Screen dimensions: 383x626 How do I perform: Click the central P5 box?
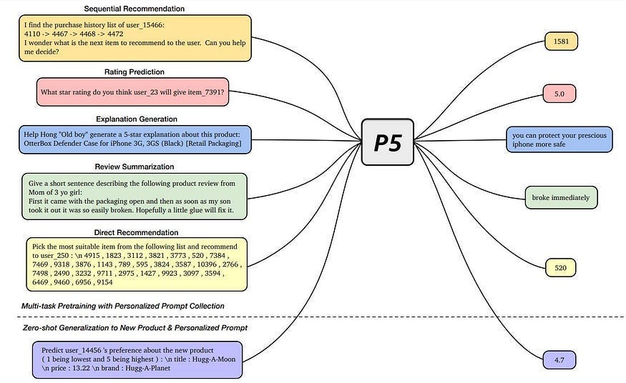387,142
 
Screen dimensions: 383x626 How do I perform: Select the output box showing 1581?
561,41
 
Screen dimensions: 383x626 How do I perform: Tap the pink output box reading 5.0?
559,94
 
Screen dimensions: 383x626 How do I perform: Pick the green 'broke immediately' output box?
561,197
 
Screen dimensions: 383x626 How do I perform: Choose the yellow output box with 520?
560,268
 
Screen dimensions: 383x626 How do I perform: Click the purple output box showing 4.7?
559,360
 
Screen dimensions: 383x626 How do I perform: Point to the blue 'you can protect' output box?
559,139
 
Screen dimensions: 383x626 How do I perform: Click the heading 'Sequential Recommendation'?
134,9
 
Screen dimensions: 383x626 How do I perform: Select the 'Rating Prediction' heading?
134,71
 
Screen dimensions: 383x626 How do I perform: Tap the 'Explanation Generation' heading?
136,119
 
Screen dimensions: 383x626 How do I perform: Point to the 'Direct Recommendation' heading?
136,232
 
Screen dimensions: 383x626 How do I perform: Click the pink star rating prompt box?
133,92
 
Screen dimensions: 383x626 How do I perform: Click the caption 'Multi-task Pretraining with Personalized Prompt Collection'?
122,306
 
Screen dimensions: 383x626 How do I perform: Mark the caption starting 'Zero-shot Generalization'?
135,327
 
